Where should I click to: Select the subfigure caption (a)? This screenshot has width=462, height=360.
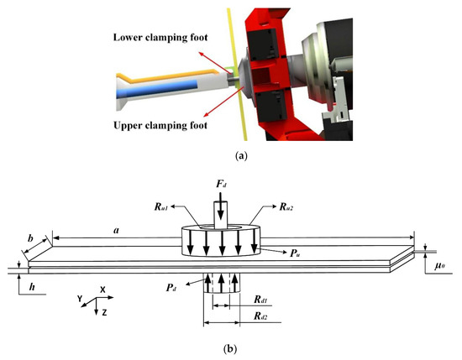coord(231,155)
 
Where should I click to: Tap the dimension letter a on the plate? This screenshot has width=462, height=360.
coord(114,227)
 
